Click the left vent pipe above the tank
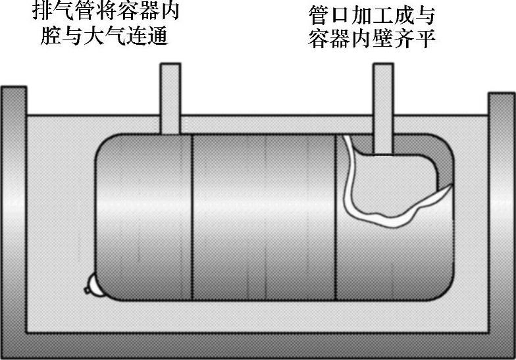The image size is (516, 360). tap(170, 95)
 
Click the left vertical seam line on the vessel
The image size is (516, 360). tap(192, 217)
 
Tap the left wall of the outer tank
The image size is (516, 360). tap(13, 211)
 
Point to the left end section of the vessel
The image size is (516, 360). tap(142, 217)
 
